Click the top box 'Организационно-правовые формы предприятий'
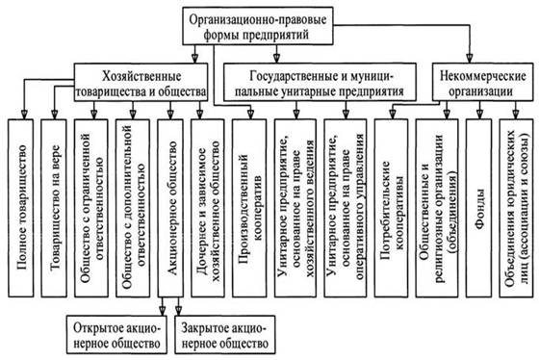(x=258, y=26)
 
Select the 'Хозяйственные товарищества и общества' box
(x=141, y=82)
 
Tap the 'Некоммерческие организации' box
(x=482, y=82)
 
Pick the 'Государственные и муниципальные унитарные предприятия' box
(x=320, y=82)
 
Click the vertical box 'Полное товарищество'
(x=21, y=208)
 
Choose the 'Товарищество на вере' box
(x=54, y=208)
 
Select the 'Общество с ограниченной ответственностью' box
(x=91, y=208)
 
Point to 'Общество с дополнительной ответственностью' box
(x=133, y=208)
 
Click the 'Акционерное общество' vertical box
(x=170, y=208)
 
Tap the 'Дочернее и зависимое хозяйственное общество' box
(x=208, y=208)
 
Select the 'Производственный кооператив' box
(x=249, y=208)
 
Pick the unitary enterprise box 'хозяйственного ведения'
(x=295, y=208)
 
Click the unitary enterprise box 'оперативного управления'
(x=345, y=208)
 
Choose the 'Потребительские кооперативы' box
(x=391, y=208)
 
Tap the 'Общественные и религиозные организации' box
(x=437, y=208)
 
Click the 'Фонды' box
(x=479, y=208)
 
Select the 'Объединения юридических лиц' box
(x=516, y=208)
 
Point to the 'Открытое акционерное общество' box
(x=116, y=335)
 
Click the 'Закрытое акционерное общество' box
(x=225, y=335)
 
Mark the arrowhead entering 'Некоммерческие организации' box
(x=471, y=59)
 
